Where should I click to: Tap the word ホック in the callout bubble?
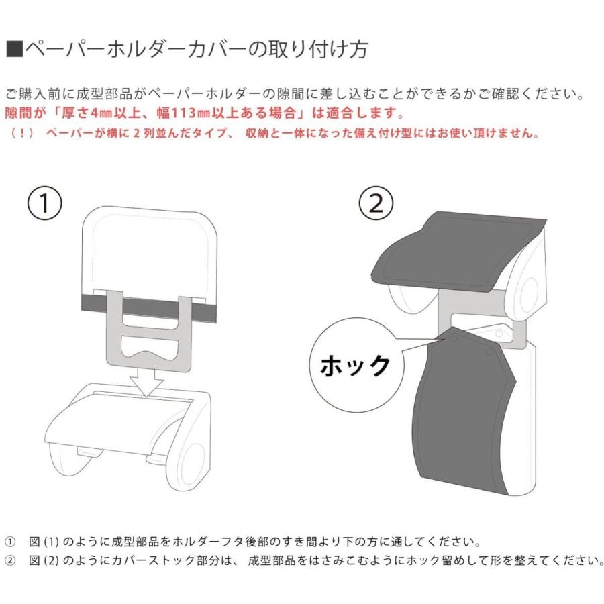pyautogui.click(x=354, y=366)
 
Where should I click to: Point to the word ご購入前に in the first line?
pyautogui.click(x=34, y=93)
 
